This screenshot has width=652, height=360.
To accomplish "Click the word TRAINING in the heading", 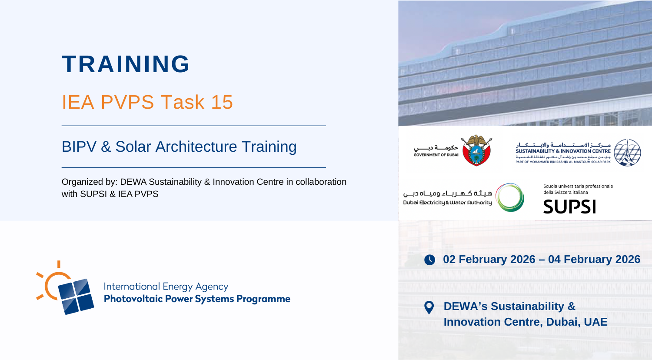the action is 126,64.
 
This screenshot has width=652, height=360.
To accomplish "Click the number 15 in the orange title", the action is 222,102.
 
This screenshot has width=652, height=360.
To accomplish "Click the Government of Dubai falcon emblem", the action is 476,150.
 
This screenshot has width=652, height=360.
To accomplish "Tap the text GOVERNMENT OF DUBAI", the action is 436,155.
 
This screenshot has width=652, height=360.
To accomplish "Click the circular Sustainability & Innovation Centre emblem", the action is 627,153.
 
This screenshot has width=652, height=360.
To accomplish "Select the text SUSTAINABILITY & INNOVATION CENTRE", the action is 563,151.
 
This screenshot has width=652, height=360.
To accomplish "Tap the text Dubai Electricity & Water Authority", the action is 447,203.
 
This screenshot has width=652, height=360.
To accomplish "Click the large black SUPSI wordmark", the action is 569,207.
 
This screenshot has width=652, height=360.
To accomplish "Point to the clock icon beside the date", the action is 429,260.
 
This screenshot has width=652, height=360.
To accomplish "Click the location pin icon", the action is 429,307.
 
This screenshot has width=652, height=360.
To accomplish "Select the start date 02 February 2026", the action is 489,259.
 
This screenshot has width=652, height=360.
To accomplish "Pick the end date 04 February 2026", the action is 594,259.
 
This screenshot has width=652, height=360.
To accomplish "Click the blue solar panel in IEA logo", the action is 76,297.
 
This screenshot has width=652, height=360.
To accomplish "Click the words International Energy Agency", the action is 166,287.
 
